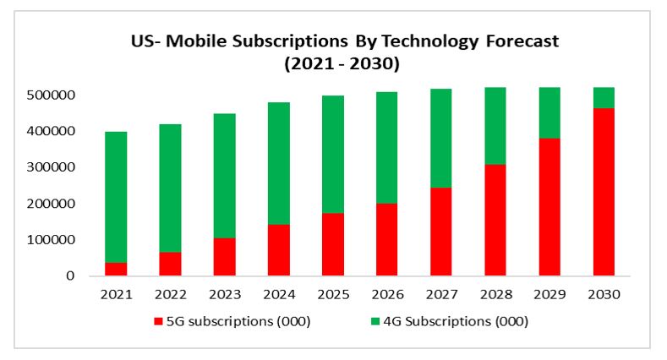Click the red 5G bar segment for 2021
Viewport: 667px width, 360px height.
[x=116, y=269]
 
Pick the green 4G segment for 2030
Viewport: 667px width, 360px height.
[x=604, y=98]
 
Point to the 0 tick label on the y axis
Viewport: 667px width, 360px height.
[x=71, y=276]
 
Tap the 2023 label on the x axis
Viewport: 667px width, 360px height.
[x=224, y=295]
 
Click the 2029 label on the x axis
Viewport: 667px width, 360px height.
[x=550, y=295]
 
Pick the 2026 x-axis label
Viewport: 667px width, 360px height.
[x=387, y=295]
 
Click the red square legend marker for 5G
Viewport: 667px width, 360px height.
[x=158, y=322]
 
